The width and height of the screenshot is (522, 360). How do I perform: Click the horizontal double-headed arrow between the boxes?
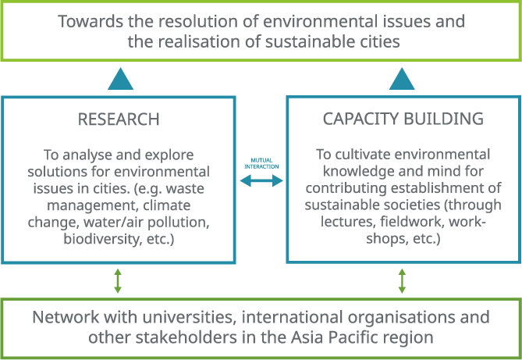point(261,180)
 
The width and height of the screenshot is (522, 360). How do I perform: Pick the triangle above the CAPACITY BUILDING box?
point(403,78)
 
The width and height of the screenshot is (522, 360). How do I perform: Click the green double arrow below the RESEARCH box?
point(119,281)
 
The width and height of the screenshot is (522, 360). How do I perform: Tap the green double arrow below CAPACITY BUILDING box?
point(403,281)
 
